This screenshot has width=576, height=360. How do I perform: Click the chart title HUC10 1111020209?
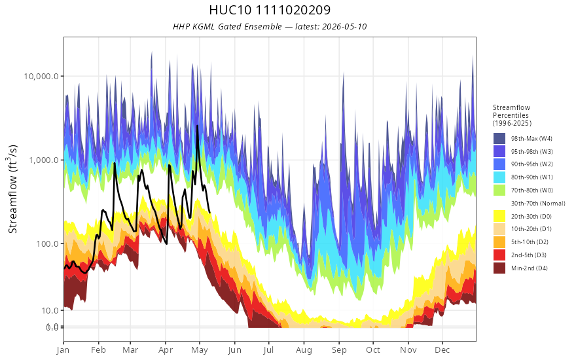point(270,10)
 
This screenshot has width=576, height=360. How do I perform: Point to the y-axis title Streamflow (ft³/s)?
point(12,189)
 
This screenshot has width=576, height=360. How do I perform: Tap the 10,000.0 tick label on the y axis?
point(41,77)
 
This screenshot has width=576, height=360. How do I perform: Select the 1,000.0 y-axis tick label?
point(44,160)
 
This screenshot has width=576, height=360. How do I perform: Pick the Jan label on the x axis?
point(63,350)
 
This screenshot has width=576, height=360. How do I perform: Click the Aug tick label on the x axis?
point(304,350)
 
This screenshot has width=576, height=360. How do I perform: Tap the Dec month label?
point(442,350)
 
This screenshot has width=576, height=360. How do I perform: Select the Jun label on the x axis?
point(234,350)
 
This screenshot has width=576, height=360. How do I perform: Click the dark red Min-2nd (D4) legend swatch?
point(499,268)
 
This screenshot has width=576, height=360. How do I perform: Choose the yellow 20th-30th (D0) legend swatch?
point(499,217)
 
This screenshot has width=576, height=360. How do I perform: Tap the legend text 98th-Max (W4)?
point(531,139)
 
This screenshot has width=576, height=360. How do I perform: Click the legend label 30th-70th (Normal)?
point(538,203)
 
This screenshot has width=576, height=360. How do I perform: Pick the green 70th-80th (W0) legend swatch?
point(499,190)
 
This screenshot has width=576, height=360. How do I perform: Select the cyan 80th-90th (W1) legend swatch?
point(499,177)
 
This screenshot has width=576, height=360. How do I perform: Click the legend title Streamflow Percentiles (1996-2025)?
point(512,115)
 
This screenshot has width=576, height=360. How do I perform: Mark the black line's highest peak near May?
point(197,126)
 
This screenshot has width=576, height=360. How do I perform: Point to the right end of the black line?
point(209,212)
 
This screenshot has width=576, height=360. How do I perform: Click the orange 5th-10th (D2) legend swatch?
point(499,242)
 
